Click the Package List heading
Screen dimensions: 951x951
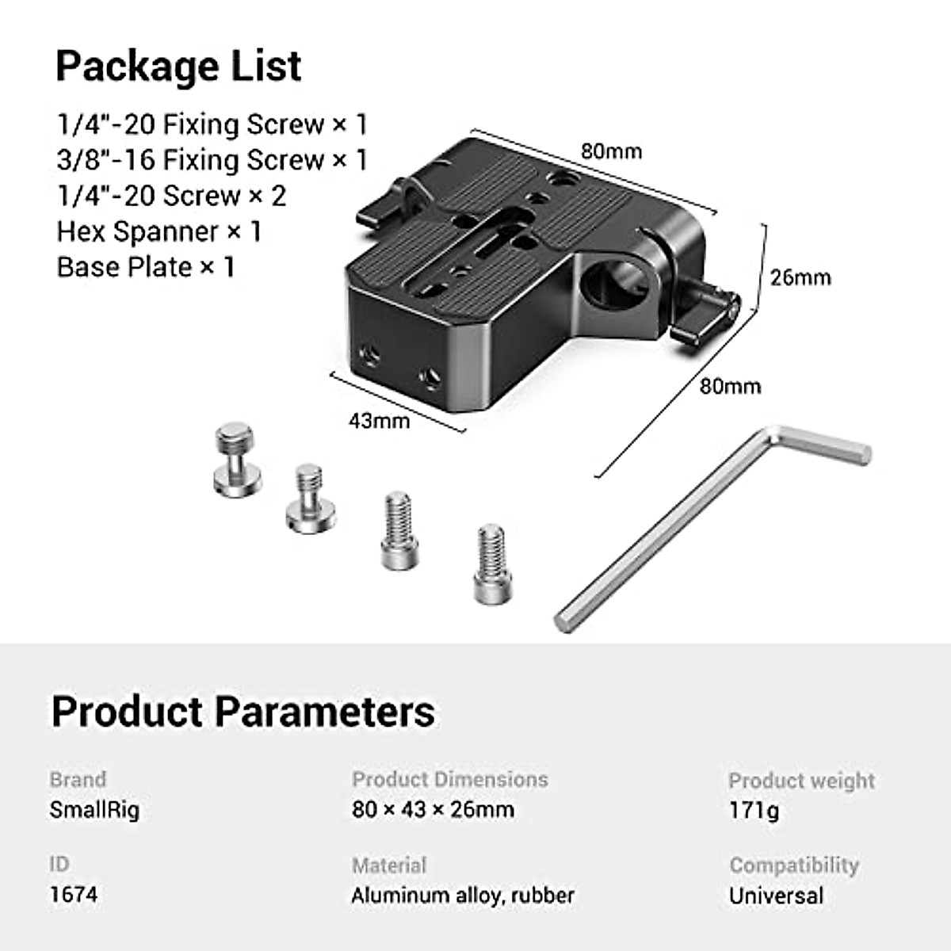pos(178,66)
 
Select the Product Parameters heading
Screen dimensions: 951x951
pos(243,711)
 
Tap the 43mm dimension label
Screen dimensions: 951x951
pos(379,420)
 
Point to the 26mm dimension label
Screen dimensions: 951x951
pos(800,277)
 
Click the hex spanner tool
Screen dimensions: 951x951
pos(713,523)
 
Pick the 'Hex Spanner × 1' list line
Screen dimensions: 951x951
pos(158,231)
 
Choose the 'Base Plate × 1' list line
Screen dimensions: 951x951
pos(146,267)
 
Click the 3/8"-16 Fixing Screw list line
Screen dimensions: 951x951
pos(212,160)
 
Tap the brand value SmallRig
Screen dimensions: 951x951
pos(94,810)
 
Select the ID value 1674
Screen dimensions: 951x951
pos(74,895)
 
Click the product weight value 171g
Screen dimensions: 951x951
pos(754,811)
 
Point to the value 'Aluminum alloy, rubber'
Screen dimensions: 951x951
pos(463,896)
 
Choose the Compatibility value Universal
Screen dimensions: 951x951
pos(776,896)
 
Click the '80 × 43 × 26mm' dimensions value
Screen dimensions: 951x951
pos(433,810)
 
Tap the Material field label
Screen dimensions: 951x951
pos(389,865)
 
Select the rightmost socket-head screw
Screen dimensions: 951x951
pos(491,563)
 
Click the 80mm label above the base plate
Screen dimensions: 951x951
pos(611,151)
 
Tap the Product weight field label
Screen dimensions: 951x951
pos(801,781)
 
